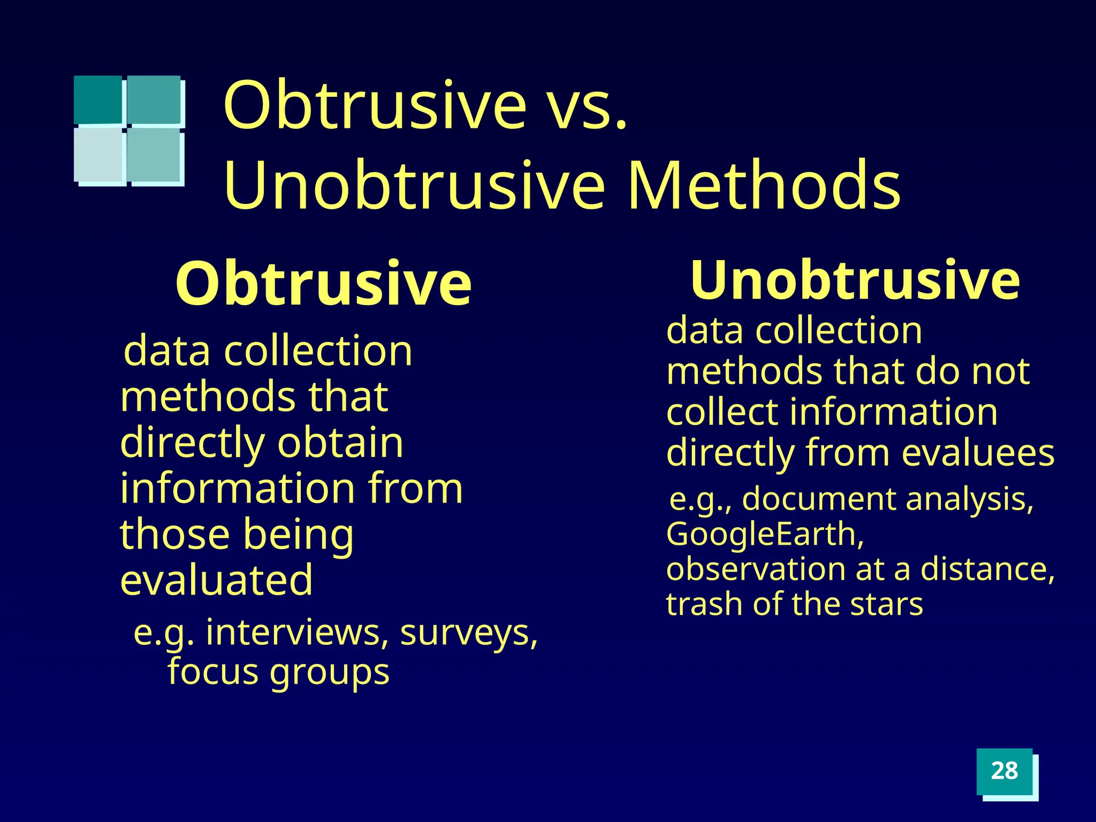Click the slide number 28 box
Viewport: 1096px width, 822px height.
pyautogui.click(x=1004, y=771)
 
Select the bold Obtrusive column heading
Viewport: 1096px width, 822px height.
pyautogui.click(x=323, y=283)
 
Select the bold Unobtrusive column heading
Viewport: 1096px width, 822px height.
pyautogui.click(x=855, y=280)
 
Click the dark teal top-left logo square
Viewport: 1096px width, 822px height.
pyautogui.click(x=98, y=100)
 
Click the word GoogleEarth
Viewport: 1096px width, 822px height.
pyautogui.click(x=765, y=534)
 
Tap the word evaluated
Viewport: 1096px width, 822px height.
pyautogui.click(x=216, y=580)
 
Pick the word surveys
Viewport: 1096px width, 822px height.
pyautogui.click(x=468, y=634)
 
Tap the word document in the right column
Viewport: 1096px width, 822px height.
pyautogui.click(x=819, y=499)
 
